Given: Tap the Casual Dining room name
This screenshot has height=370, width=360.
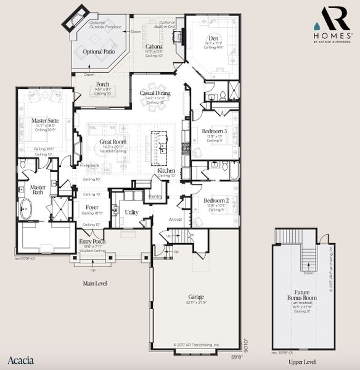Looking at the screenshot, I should pyautogui.click(x=155, y=93).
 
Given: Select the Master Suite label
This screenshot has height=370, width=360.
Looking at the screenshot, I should pyautogui.click(x=45, y=120).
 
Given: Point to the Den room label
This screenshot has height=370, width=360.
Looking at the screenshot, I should pyautogui.click(x=213, y=38).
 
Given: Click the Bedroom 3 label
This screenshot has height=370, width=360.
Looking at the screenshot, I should pyautogui.click(x=215, y=131).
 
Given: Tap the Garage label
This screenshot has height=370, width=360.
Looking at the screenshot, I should pyautogui.click(x=196, y=297).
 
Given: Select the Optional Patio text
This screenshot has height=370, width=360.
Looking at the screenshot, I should pyautogui.click(x=99, y=52).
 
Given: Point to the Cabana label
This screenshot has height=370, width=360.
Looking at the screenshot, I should pyautogui.click(x=154, y=46).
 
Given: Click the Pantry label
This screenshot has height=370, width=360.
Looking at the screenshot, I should pyautogui.click(x=155, y=196).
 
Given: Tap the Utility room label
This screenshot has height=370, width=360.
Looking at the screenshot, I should pyautogui.click(x=132, y=212).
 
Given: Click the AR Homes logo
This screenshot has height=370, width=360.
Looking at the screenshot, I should pyautogui.click(x=333, y=25).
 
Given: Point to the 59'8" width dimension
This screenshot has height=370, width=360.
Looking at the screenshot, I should pyautogui.click(x=237, y=356).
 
